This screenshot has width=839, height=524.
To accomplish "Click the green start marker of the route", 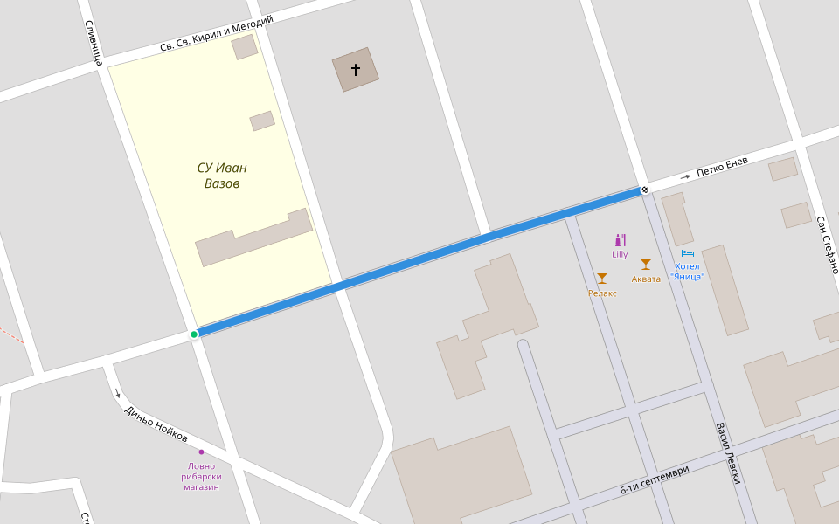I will pos(194,334).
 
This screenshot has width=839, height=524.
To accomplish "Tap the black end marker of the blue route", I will pos(645,190).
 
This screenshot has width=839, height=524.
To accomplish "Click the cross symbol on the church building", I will pos(356,69).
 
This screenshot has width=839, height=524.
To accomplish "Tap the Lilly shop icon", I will pos(621,239).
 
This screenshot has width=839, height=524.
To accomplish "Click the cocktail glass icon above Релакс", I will pos(602,279).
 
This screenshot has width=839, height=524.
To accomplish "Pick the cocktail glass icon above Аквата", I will pos(646,265).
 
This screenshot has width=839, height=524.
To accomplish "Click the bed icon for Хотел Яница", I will pos(687,253).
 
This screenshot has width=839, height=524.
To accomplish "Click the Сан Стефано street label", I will pos(828,245).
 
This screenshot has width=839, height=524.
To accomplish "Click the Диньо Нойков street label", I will pos(156,424).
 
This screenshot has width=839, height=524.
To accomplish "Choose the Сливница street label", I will pos(94,43).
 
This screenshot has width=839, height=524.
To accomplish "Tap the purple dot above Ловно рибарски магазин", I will pos(201,452).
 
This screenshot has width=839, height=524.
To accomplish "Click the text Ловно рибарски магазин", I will pos(201,476).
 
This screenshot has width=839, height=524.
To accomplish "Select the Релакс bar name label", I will pos(602,293).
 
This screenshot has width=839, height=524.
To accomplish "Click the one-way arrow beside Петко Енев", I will pos(685,177).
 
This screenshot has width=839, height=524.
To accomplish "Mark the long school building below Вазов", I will pos(253,238).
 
